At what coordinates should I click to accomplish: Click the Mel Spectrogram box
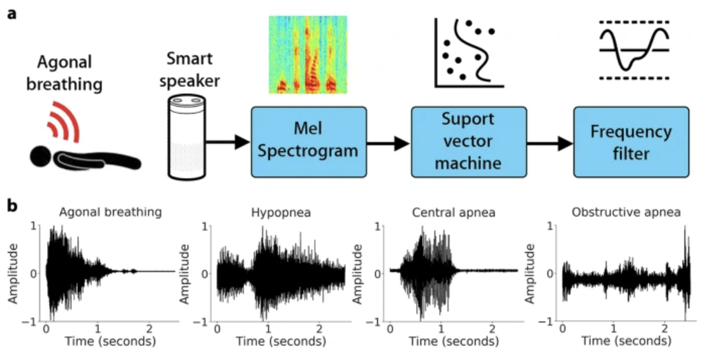pyautogui.click(x=309, y=142)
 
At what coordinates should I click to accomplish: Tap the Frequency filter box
pyautogui.click(x=631, y=142)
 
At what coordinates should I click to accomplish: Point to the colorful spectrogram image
pyautogui.click(x=308, y=54)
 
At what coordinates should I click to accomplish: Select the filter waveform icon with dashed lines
pyautogui.click(x=634, y=49)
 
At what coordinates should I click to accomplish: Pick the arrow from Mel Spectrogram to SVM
pyautogui.click(x=389, y=143)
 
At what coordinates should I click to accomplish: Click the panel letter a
pyautogui.click(x=12, y=13)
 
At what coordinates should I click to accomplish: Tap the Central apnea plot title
pyautogui.click(x=453, y=213)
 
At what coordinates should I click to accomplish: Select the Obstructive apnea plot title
pyautogui.click(x=626, y=213)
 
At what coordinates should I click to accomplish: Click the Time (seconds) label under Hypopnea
pyautogui.click(x=281, y=341)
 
